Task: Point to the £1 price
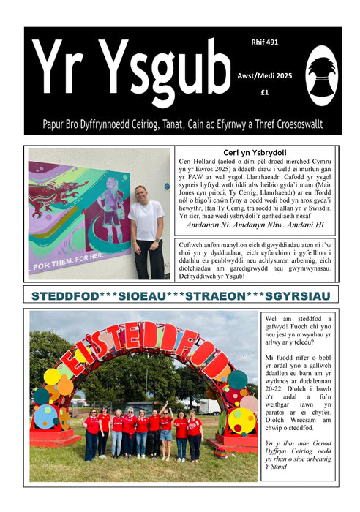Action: [263, 93]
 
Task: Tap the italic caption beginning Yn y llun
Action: [296, 458]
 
